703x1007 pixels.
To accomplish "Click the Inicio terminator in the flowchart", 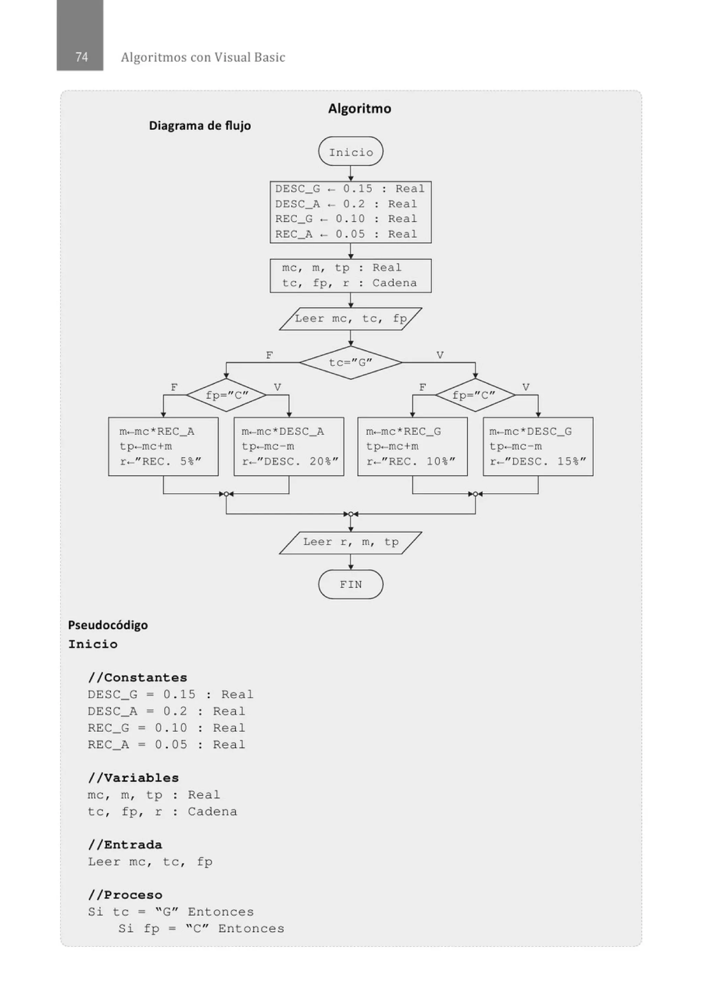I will (350, 151).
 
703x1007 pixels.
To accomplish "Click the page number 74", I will (81, 57).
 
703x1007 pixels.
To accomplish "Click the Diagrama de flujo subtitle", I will (200, 126).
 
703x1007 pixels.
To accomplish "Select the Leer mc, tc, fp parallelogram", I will (350, 319).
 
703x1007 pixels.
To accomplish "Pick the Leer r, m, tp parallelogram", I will (350, 542).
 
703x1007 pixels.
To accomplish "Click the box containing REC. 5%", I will (163, 447).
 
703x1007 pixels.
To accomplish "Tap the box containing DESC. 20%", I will (289, 447).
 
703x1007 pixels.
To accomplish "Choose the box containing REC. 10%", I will (412, 447).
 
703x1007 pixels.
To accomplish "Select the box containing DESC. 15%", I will (538, 447).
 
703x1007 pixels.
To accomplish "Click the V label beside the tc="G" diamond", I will (440, 355).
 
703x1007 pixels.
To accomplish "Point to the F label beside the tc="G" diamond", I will (269, 355).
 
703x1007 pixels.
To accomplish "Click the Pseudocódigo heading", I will (108, 625).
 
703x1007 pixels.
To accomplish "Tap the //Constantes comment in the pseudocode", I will (138, 678).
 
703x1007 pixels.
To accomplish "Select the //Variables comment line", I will (134, 778).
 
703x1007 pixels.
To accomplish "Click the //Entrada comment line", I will (125, 845).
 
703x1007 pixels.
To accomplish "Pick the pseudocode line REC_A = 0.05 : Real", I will (166, 745).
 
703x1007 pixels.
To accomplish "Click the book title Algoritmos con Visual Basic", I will (203, 57).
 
